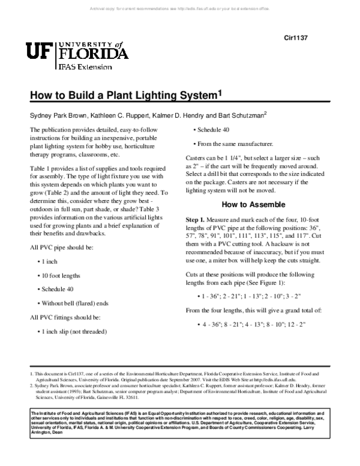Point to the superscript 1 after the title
[220, 94]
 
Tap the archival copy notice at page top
[180, 8]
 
